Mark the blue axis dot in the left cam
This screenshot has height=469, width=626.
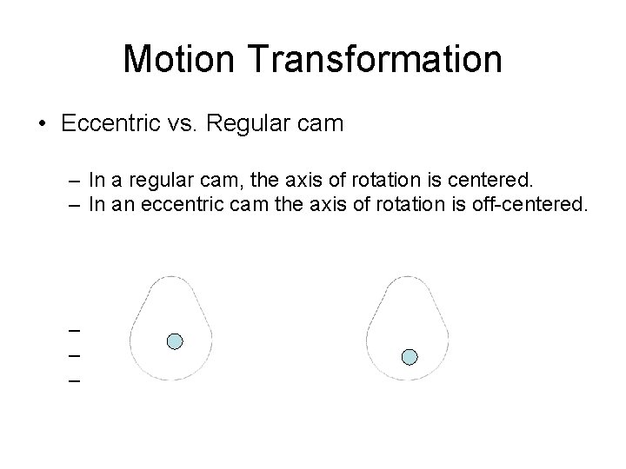174,341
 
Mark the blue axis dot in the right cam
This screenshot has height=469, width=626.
410,356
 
